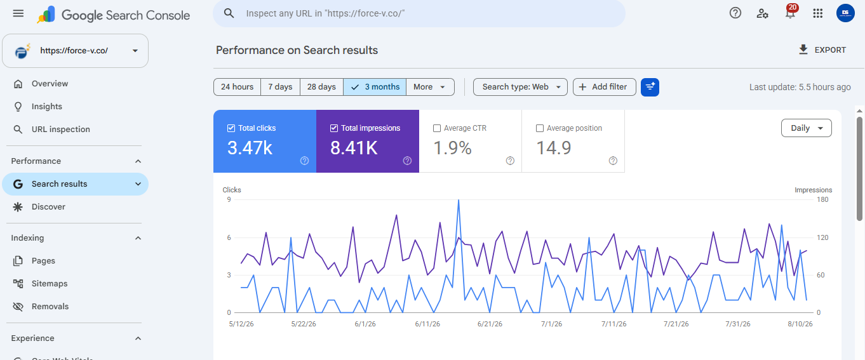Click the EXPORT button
click(x=822, y=50)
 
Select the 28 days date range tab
click(x=321, y=87)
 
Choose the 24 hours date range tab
click(x=237, y=87)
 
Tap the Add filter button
click(x=604, y=87)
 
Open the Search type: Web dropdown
click(x=520, y=87)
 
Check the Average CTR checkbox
click(x=437, y=128)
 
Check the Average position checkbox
click(x=540, y=128)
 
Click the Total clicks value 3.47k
click(x=250, y=148)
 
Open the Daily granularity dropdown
click(x=807, y=128)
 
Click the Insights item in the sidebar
click(x=47, y=107)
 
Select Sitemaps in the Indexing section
click(x=50, y=284)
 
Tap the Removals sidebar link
click(x=50, y=307)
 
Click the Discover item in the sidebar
click(x=48, y=207)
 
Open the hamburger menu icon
click(x=18, y=13)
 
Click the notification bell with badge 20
click(x=790, y=13)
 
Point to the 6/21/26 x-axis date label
click(x=490, y=324)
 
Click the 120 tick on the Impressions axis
click(x=822, y=237)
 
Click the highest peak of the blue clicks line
click(x=459, y=200)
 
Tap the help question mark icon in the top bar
click(x=735, y=13)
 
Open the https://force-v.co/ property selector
click(x=76, y=51)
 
